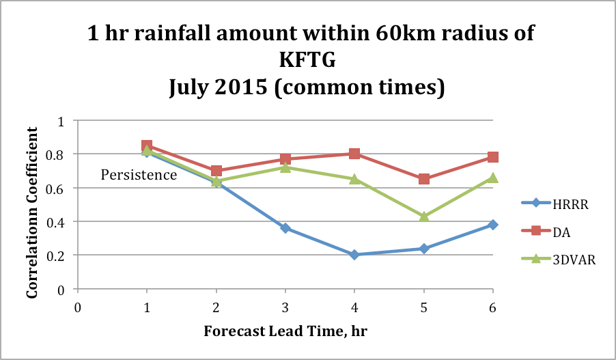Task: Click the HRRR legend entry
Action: [x=552, y=202]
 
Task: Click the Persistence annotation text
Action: [x=139, y=175]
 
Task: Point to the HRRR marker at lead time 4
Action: [x=354, y=255]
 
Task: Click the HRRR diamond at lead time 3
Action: [x=285, y=228]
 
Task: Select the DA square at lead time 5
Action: [x=423, y=179]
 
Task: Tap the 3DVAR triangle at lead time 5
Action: [x=423, y=216]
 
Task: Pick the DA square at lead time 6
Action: [x=492, y=157]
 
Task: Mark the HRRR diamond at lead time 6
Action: [x=492, y=225]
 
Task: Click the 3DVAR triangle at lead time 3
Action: [x=285, y=167]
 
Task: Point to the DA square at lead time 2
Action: [x=216, y=171]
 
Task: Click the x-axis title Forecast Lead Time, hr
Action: [x=285, y=332]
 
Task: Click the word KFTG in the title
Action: [x=309, y=61]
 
